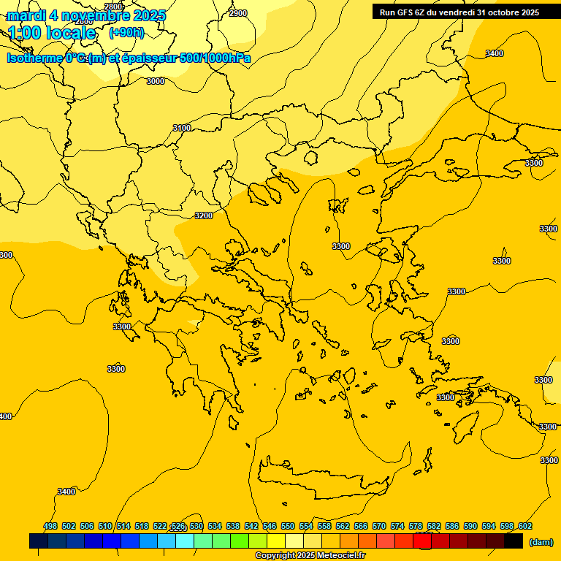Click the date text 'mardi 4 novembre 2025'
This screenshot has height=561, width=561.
pos(86,15)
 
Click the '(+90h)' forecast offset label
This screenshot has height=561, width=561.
pos(126,33)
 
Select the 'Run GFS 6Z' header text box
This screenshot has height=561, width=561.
pos(459,12)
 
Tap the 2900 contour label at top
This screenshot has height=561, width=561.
pos(238,13)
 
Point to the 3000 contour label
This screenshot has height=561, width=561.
pos(155,81)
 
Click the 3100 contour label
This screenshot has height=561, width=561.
pos(182,128)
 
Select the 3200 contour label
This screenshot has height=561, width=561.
pos(204,215)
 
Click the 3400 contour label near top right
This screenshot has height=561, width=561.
pos(495,53)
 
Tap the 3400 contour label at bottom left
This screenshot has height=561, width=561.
pos(66,492)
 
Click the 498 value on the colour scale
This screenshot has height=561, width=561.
pos(50,526)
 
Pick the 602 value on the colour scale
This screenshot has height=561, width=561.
pos(524,526)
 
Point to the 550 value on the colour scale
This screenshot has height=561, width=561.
pos(288,526)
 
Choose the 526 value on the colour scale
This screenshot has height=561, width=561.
pos(178,526)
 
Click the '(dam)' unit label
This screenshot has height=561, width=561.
pos(541,542)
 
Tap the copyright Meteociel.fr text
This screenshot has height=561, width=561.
pos(310,556)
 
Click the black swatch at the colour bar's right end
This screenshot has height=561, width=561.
pos(513,541)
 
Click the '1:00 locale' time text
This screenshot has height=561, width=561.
pos(53,33)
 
